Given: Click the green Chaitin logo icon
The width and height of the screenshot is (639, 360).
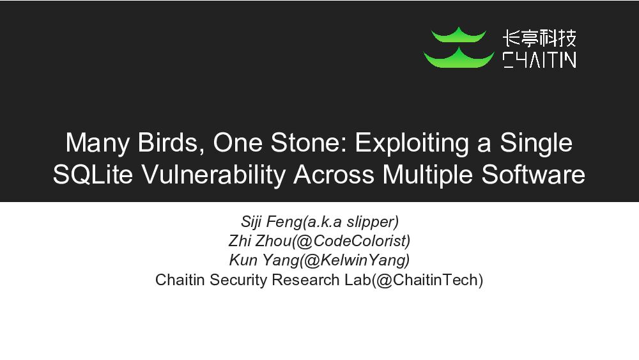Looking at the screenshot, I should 458,48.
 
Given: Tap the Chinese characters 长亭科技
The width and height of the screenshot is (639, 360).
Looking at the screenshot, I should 539,38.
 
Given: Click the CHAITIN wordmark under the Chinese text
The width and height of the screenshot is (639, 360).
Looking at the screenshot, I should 539,60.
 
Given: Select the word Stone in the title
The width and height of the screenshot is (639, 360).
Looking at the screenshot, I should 312,143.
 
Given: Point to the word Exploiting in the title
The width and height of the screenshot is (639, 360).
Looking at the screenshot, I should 414,143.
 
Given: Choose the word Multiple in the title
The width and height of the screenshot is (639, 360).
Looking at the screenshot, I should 427,175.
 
